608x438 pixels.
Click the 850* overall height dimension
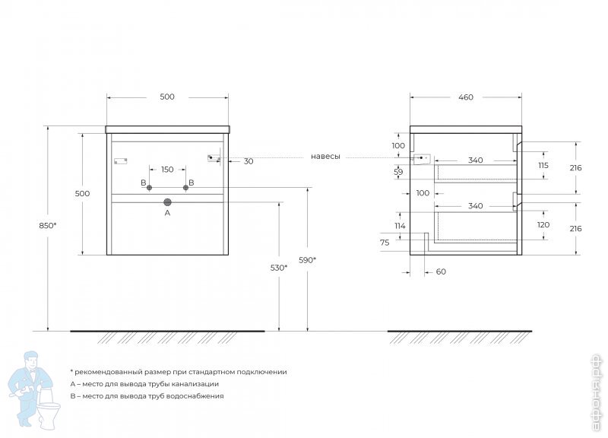coord(46,225)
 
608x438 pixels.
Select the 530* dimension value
coord(278,268)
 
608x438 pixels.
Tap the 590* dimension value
coord(306,260)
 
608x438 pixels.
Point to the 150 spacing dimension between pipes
coord(167,169)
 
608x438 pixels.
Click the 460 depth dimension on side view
coord(466,97)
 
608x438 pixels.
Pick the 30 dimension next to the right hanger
coord(249,161)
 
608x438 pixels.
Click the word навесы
coord(325,157)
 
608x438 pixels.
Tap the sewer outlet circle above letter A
coord(168,202)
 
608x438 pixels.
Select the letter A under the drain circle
coord(168,214)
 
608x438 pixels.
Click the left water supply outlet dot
coord(150,188)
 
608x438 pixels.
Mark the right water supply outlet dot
coord(185,188)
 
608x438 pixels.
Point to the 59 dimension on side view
coord(398,172)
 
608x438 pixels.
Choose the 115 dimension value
coord(543,165)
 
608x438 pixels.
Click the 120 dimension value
coord(543,225)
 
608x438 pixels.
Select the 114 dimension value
coord(400,225)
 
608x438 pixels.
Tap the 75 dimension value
coord(385,242)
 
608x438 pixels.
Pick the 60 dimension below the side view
coord(442,271)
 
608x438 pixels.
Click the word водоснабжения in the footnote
coord(197,396)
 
